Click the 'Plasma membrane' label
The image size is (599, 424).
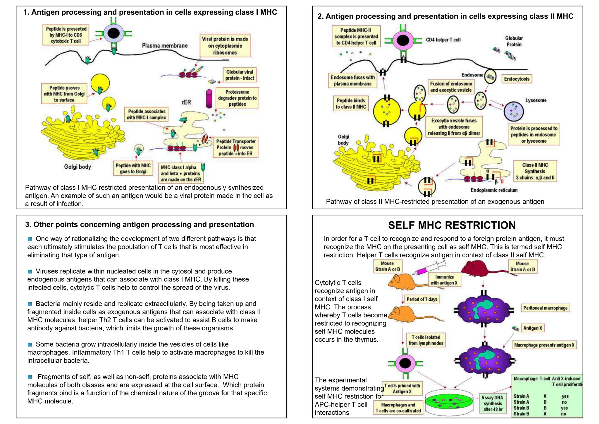[x=165, y=46]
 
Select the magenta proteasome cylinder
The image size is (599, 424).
[x=209, y=99]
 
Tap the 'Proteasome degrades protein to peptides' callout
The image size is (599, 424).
[x=237, y=98]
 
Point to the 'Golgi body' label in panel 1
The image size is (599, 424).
[x=78, y=167]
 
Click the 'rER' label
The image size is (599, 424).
[x=186, y=102]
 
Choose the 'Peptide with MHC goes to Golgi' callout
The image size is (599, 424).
[x=133, y=169]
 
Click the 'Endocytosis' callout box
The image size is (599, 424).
[x=517, y=79]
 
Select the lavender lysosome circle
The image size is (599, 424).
[x=514, y=112]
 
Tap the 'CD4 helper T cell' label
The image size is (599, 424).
[x=443, y=40]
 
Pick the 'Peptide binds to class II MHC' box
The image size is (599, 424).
[x=351, y=104]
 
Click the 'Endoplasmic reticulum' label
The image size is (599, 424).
[x=494, y=190]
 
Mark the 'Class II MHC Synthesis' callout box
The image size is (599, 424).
[x=535, y=171]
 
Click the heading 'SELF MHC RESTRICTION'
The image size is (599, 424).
[x=452, y=225]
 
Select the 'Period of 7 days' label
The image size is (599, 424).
[x=422, y=299]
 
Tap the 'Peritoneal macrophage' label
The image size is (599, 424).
[x=545, y=308]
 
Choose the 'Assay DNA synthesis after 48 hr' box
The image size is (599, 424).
[x=493, y=403]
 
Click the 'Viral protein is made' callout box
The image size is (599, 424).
[x=225, y=46]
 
